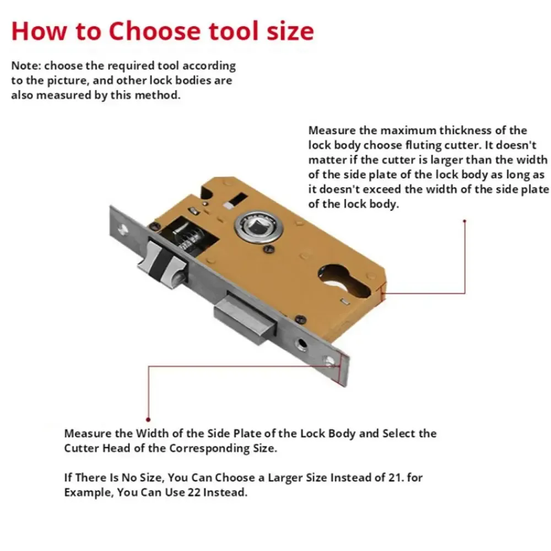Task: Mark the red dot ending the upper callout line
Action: click(x=465, y=221)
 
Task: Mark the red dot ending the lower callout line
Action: click(x=148, y=420)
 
